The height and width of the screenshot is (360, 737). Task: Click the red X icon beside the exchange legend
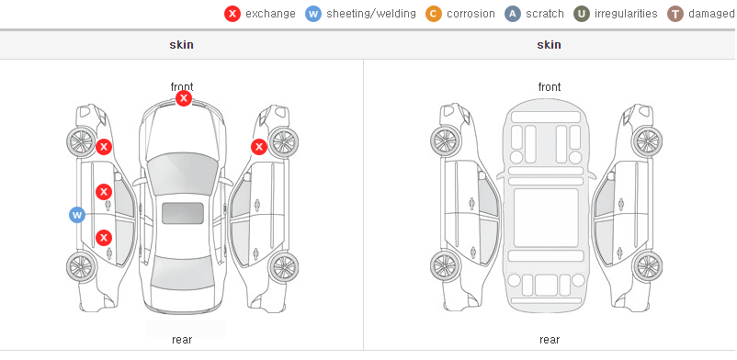232,14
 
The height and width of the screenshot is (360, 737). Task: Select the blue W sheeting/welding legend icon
313,14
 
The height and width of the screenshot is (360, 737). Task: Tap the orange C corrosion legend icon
434,14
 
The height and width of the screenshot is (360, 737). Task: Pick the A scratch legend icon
513,14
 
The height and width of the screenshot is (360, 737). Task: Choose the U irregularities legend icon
582,14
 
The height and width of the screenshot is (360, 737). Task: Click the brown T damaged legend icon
675,14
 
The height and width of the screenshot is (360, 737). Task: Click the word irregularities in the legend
626,14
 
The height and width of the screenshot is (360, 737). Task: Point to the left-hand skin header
181,45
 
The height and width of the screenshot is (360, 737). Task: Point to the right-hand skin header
549,45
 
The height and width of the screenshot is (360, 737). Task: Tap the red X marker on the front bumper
184,98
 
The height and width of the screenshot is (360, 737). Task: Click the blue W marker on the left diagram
77,215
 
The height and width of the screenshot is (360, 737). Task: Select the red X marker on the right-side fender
259,147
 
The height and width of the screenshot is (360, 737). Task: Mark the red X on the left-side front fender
104,147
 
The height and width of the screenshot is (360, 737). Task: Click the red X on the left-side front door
104,192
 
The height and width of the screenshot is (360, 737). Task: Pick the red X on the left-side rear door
104,237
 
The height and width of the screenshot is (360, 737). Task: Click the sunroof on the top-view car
183,213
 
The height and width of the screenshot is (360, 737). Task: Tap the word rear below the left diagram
182,340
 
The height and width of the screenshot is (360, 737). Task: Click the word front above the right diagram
550,87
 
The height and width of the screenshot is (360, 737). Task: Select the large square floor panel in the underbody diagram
546,218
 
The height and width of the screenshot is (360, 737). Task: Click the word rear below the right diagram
550,340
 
